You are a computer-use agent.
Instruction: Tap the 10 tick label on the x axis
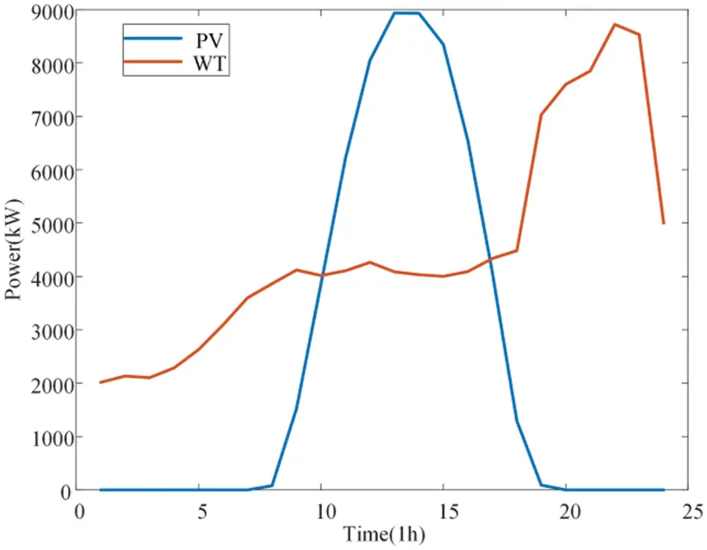(x=321, y=511)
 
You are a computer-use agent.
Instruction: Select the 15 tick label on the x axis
(x=444, y=511)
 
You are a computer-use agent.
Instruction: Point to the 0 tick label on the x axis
(x=77, y=511)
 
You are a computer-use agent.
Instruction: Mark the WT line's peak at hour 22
(x=615, y=24)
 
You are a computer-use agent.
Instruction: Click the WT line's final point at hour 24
(x=664, y=224)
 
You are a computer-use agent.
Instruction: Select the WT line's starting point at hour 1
(x=101, y=382)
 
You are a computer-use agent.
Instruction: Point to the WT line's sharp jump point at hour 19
(x=541, y=115)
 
